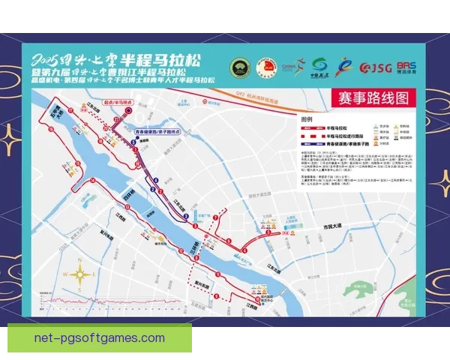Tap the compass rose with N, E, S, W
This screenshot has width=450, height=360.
click(79, 274)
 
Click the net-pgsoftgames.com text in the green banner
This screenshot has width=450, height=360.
click(100, 338)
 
